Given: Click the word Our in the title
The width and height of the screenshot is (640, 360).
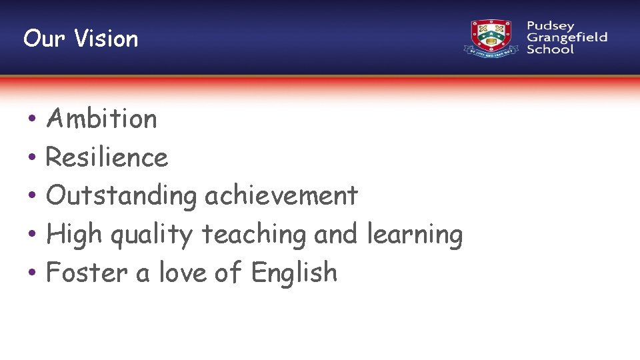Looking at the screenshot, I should (45, 39).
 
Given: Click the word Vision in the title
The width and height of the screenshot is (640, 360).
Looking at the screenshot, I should (106, 39).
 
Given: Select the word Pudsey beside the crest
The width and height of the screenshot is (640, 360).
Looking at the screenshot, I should (550, 26).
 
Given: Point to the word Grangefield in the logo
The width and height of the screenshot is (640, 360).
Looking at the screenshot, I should (567, 37).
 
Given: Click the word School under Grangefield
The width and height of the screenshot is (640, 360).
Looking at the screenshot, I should (550, 49).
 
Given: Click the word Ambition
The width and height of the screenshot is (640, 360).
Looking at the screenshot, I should (101, 119).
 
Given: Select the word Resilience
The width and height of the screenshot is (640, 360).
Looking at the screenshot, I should (107, 158).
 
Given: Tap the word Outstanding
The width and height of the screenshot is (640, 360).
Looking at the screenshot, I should (121, 196).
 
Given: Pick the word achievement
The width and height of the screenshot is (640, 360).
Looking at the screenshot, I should (281, 196).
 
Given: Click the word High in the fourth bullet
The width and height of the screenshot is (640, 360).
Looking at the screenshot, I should (73, 235).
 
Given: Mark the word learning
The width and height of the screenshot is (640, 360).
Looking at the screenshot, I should (415, 235).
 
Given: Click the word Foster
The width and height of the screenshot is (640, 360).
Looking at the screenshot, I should (87, 273).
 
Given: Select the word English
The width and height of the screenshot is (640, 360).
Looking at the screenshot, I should (294, 273).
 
